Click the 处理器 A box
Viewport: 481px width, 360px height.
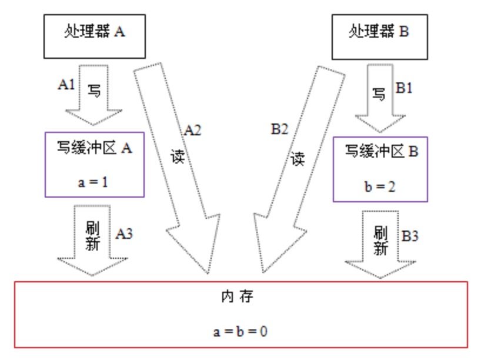tap(95, 33)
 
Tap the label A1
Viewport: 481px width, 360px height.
tap(66, 84)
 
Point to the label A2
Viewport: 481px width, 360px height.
tap(192, 131)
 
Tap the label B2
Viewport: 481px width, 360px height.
tap(279, 131)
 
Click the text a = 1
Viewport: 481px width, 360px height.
tap(93, 182)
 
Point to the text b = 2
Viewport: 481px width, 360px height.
tap(380, 186)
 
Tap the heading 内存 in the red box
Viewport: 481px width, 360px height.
tap(240, 297)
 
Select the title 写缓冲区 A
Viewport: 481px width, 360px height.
tap(94, 148)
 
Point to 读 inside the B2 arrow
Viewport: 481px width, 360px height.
tap(298, 158)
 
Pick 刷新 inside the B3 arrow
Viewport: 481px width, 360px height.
tap(380, 240)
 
